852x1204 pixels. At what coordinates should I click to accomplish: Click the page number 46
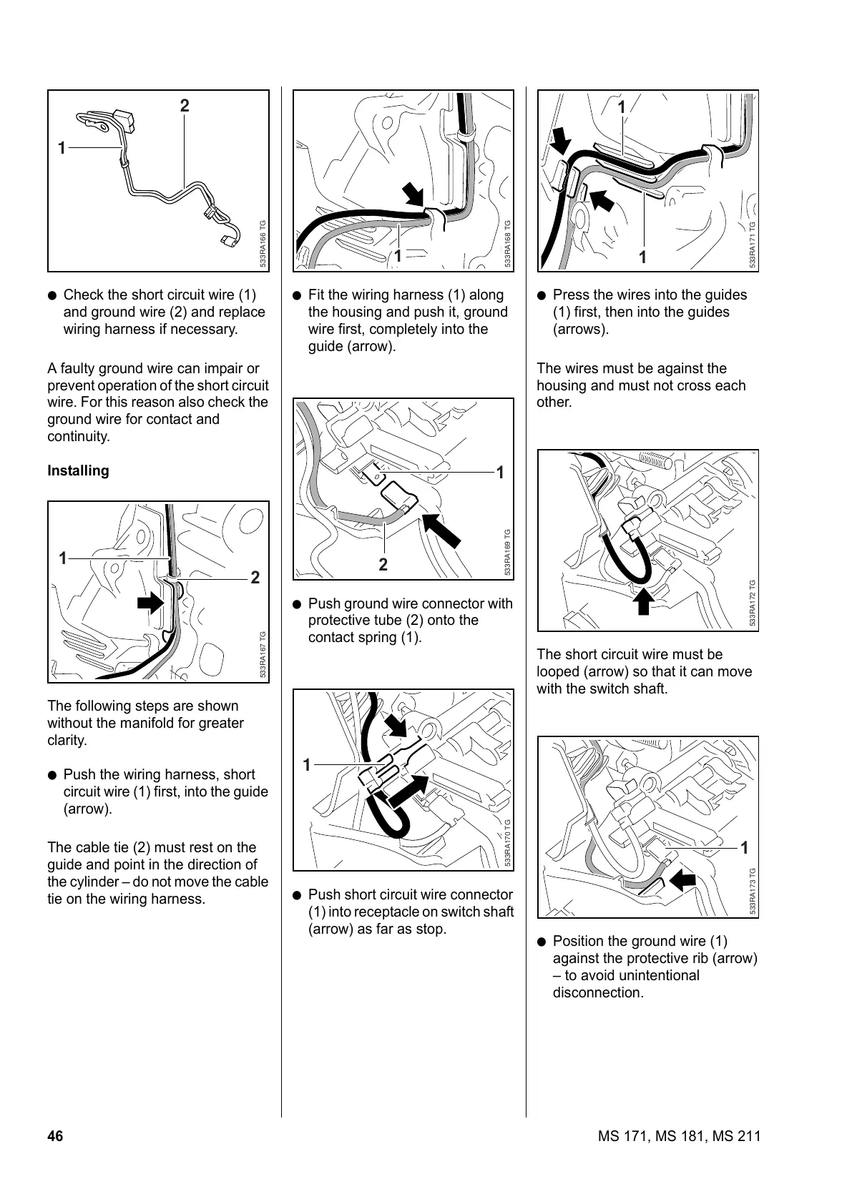pos(55,1136)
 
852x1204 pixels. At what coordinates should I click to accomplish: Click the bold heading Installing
pos(78,470)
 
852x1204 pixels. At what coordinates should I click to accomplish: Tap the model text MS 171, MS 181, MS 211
pos(678,1136)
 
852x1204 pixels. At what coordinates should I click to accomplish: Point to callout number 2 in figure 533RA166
pos(185,106)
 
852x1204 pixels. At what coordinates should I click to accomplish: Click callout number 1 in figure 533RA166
pos(62,148)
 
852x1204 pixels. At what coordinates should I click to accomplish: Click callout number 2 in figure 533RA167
pos(255,578)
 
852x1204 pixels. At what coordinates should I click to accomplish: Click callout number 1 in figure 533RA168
pos(398,255)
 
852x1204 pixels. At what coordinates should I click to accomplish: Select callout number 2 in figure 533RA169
pos(383,565)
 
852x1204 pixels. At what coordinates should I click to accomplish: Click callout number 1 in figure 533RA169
pos(500,472)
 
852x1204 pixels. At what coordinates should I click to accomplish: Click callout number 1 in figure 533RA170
pos(307,765)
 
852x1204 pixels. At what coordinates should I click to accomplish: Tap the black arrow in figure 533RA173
pos(684,879)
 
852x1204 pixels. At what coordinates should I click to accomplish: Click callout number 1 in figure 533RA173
pos(744,848)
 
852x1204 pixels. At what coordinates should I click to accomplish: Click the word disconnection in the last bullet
pos(598,992)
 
